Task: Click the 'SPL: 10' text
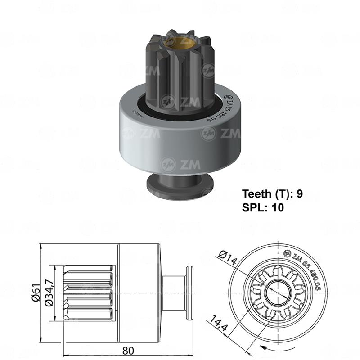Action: [x=263, y=207]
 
